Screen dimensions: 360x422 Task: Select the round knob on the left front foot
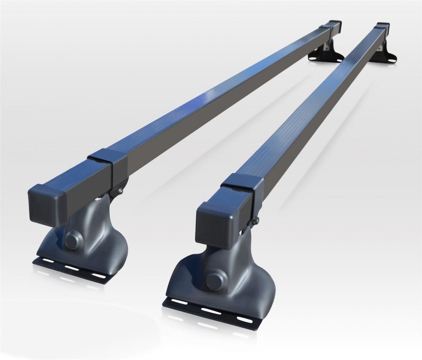(73, 241)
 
